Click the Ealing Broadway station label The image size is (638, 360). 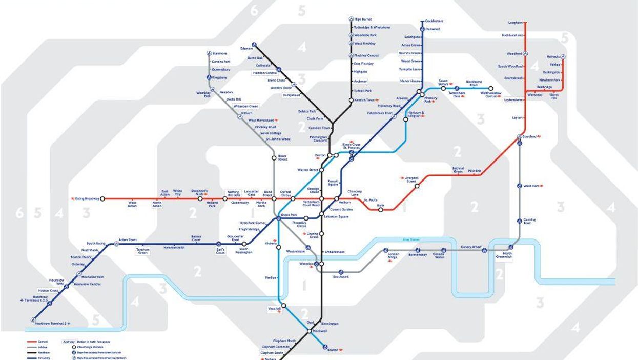coord(87,198)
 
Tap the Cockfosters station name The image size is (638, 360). coord(434,21)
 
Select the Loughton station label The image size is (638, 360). coord(515,23)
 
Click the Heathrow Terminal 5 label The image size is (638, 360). coord(49,323)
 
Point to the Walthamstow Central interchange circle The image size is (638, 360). coord(490,88)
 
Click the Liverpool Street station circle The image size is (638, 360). coord(417,186)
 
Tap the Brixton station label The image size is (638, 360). coord(333,350)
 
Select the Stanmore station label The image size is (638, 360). coord(219,53)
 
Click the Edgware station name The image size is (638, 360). coord(246,48)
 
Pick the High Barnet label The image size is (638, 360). coord(363,19)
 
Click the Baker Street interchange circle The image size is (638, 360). coord(274,158)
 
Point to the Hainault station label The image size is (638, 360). coord(553,56)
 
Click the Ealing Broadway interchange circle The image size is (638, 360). coord(102,198)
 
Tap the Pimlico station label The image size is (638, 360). coord(270,277)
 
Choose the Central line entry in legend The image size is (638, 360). coord(43,342)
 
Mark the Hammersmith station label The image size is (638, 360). coord(173,247)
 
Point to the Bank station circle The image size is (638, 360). coord(381,209)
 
